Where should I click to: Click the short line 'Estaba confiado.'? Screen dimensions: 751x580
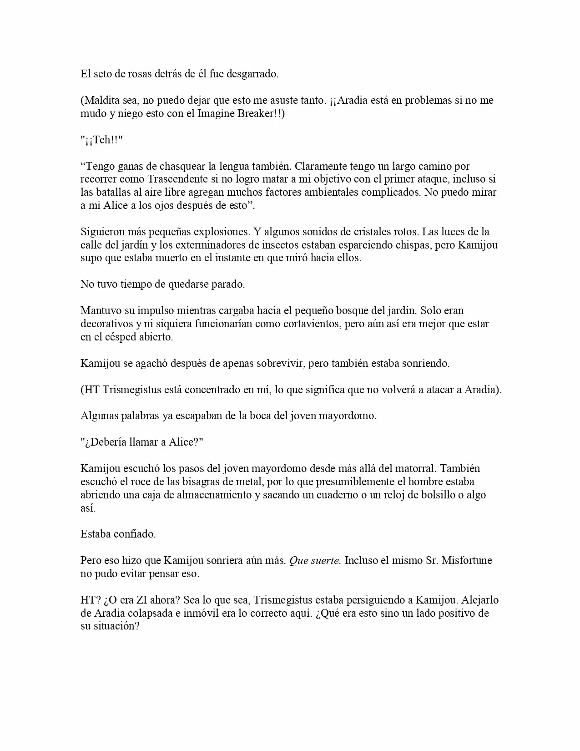tap(118, 534)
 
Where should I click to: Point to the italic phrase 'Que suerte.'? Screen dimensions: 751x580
tap(315, 560)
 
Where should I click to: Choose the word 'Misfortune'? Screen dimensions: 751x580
tap(467, 560)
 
